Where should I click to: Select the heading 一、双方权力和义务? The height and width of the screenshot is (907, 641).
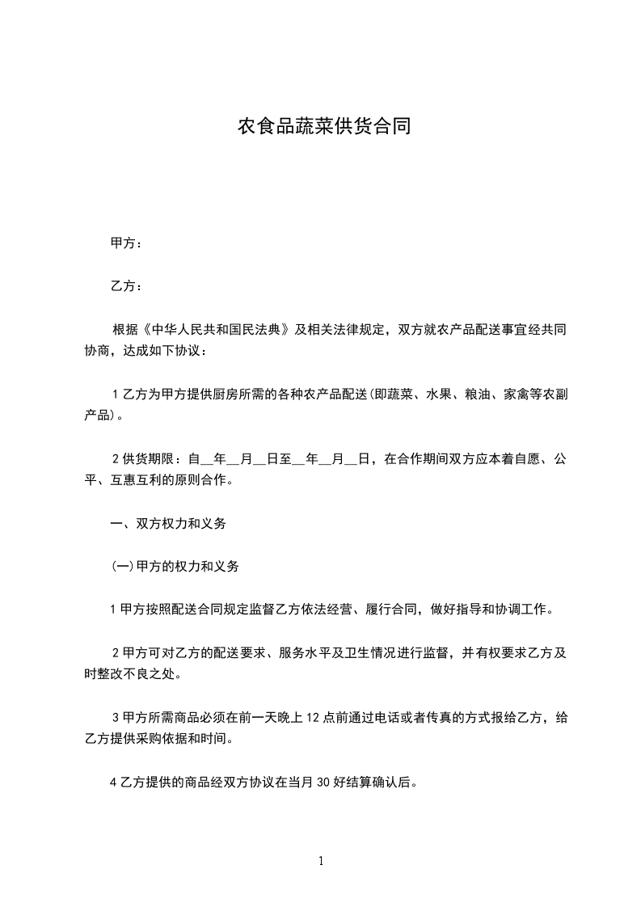click(x=168, y=524)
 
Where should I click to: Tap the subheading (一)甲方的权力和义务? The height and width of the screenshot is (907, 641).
click(x=175, y=567)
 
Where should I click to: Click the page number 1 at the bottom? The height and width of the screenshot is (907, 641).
click(x=321, y=862)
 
